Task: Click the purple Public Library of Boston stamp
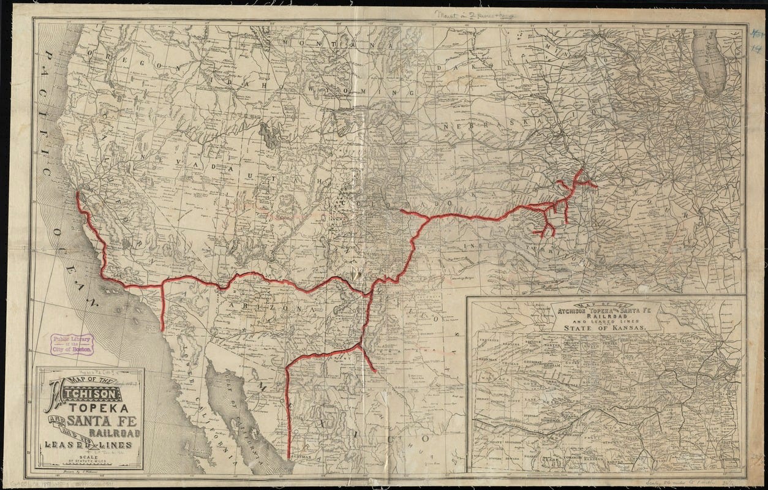tap(72, 344)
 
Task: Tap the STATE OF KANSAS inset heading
tap(607, 328)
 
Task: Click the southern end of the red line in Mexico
tap(288, 457)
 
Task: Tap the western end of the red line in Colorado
tap(401, 211)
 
